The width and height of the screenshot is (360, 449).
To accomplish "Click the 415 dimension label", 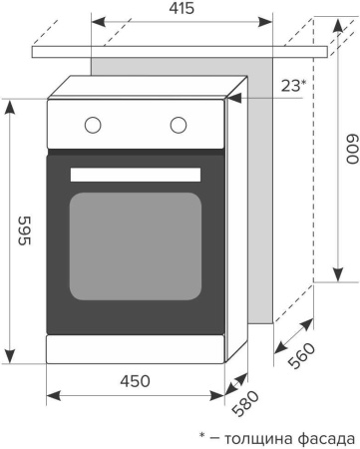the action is click(181, 8).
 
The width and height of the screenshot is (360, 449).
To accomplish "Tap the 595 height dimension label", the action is click(24, 230).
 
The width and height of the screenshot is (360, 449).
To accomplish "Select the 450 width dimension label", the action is click(135, 381).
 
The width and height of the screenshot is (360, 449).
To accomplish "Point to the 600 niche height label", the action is click(352, 149).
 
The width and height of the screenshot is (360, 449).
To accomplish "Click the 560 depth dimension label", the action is click(301, 355).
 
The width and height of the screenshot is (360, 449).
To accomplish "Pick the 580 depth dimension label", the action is click(245, 403).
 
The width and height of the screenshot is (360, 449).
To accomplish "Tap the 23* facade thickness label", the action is click(293, 86).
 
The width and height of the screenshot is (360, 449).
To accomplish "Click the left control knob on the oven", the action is click(93, 125).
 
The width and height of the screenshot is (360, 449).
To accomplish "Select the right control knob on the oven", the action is click(179, 125).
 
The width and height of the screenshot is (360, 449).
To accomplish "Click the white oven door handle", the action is click(136, 175).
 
